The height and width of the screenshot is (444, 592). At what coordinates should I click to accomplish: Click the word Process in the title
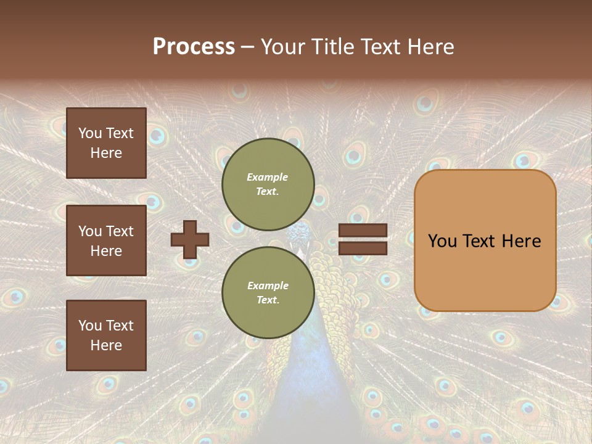point(194,46)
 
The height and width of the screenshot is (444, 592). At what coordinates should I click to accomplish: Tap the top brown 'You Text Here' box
point(106,143)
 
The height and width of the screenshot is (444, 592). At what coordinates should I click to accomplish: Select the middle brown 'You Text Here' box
point(106,240)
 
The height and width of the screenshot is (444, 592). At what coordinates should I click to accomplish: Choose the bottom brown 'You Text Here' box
point(106,335)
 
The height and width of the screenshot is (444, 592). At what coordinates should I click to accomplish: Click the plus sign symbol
point(190,239)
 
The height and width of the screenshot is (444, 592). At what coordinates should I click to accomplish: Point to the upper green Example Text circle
point(268,184)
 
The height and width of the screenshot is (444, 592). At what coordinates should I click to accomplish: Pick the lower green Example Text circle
point(268,293)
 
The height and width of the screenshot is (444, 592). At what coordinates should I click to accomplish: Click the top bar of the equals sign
point(363,231)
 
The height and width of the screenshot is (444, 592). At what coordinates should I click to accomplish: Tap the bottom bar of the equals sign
point(363,249)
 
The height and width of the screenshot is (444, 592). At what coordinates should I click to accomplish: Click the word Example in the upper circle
point(267,178)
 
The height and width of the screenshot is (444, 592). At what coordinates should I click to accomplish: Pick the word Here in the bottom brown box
point(106,345)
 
